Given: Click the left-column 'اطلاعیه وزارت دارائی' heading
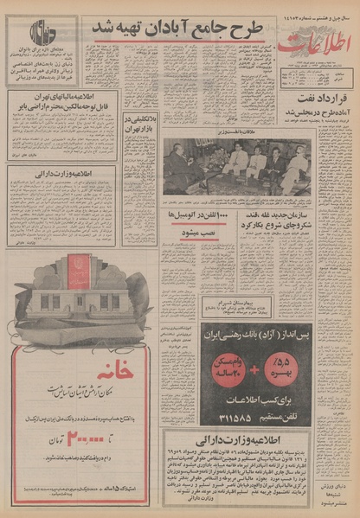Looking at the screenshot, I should pos(61,172).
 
